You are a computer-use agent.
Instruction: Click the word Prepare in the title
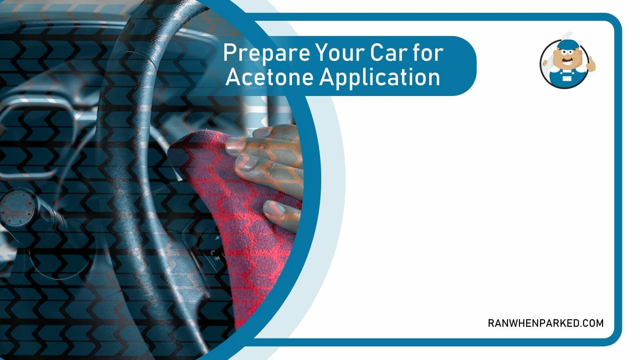click(x=266, y=54)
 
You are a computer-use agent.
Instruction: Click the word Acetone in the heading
click(x=270, y=77)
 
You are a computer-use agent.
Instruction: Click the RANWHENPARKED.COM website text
click(x=546, y=323)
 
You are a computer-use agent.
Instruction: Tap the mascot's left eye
click(x=564, y=52)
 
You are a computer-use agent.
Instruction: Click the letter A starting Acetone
click(x=234, y=77)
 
